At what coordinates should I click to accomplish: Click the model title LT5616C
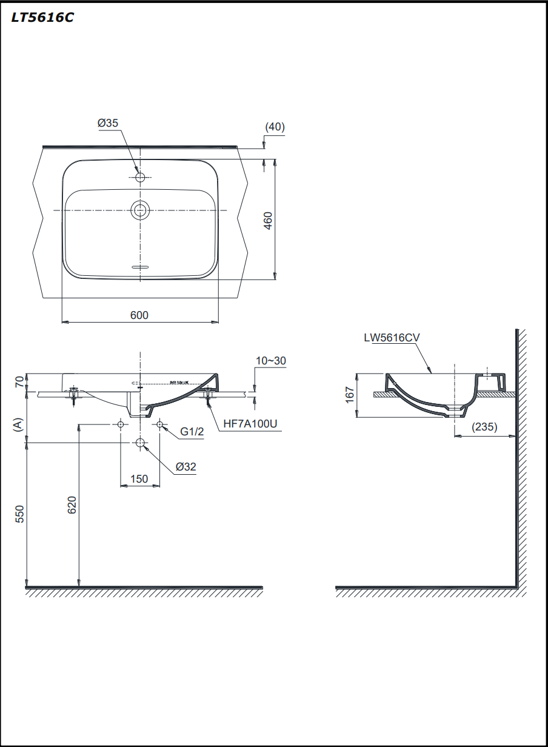point(42,18)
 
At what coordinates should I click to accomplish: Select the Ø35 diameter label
point(108,123)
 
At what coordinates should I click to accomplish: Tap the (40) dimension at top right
point(275,127)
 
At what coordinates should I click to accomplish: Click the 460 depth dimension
point(268,221)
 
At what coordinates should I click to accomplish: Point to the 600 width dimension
point(139,315)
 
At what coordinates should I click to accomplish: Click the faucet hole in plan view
point(140,177)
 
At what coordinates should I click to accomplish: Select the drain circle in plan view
point(140,210)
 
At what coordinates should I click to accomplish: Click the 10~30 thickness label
point(270,361)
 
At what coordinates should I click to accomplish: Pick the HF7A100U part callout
point(250,423)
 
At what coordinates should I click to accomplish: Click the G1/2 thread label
point(192,432)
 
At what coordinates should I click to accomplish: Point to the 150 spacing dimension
point(139,479)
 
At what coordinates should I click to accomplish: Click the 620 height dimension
point(71,506)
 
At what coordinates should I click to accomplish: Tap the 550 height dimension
point(19,514)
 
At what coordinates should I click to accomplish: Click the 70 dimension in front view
point(19,382)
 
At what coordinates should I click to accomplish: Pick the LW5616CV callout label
point(392,338)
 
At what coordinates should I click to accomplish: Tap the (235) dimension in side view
point(485,427)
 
